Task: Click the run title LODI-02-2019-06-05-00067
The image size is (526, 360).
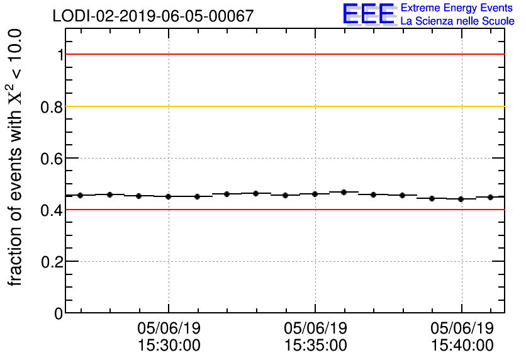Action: (154, 16)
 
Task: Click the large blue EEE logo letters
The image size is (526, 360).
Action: (369, 14)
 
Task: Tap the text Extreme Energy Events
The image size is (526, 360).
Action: (457, 8)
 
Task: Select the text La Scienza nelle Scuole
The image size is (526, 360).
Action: (457, 21)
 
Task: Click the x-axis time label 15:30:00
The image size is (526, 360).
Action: (169, 346)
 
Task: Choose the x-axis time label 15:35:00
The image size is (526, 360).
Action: (315, 346)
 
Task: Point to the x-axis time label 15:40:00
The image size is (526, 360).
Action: (462, 346)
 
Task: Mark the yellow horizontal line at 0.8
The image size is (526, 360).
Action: (283, 106)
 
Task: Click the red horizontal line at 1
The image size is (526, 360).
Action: (283, 54)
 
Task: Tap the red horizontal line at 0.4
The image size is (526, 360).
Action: (283, 209)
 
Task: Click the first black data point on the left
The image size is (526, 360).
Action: (80, 195)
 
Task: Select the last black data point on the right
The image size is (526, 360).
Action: (490, 197)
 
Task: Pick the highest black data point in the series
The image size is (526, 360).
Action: (344, 192)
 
